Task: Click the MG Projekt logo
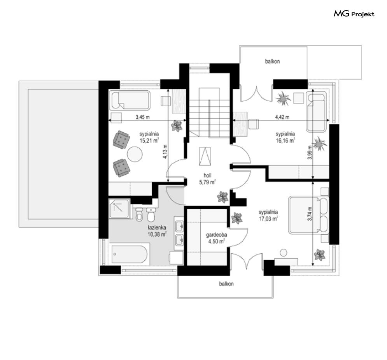354,14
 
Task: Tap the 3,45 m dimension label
142,117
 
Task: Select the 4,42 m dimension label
282,117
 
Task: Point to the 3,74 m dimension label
310,214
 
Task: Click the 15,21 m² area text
149,141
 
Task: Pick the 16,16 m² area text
285,140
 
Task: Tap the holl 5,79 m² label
208,179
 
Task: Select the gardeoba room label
217,235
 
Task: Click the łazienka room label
157,227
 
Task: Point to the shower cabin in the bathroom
119,209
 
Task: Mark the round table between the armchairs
135,154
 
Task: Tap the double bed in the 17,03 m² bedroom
308,215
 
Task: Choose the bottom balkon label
226,284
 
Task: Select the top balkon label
273,61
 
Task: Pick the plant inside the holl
223,197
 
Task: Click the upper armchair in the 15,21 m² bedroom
121,140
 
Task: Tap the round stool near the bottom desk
283,253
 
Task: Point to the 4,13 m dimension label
165,151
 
